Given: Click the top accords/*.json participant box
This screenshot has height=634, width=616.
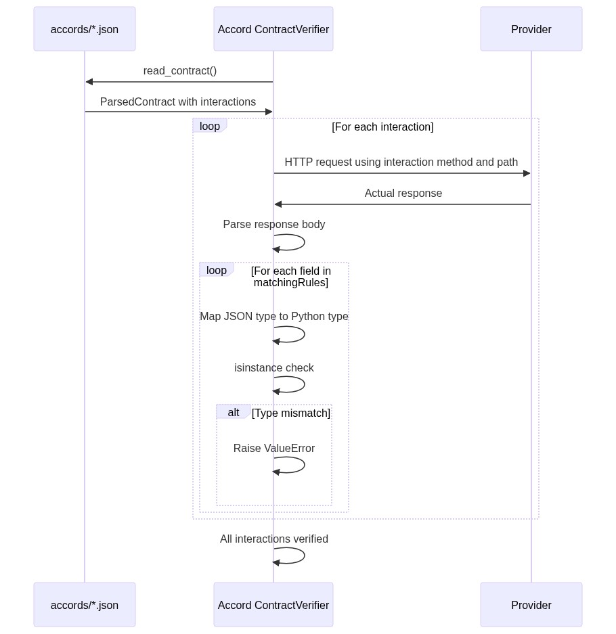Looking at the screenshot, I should [x=85, y=29].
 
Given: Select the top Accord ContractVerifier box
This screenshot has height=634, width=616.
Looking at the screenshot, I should [x=273, y=29].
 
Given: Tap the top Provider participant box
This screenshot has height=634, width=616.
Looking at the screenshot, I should [x=531, y=29].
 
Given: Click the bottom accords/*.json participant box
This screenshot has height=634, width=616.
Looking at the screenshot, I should [x=85, y=605].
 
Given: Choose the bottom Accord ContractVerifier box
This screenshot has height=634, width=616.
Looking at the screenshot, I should [x=273, y=605].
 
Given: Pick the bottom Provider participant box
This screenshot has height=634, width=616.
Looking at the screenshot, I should [x=531, y=605].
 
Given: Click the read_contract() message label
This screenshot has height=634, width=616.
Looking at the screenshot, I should [x=180, y=71].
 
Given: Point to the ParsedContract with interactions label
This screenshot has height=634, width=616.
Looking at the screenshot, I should [x=178, y=102].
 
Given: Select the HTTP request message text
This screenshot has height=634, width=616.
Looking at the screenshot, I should [x=401, y=162].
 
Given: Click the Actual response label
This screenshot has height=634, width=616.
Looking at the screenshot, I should [x=403, y=194].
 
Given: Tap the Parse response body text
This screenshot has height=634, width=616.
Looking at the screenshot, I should [x=274, y=225].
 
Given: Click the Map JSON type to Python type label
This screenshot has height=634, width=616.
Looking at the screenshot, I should [x=274, y=317].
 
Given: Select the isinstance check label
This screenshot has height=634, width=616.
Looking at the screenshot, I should [x=274, y=368].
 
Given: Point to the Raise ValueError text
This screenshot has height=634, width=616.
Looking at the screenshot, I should [x=274, y=449].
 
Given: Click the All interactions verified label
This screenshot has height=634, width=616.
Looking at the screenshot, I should [x=274, y=539].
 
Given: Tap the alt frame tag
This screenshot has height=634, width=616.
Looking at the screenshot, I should [x=233, y=412].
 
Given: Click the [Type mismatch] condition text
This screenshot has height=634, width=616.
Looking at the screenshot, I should [x=291, y=413].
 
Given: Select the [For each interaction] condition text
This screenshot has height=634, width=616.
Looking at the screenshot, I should [x=382, y=127].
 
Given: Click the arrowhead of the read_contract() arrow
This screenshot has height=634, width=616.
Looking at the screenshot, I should [x=89, y=82].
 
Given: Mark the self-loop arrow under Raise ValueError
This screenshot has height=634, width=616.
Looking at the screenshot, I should [x=298, y=466].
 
